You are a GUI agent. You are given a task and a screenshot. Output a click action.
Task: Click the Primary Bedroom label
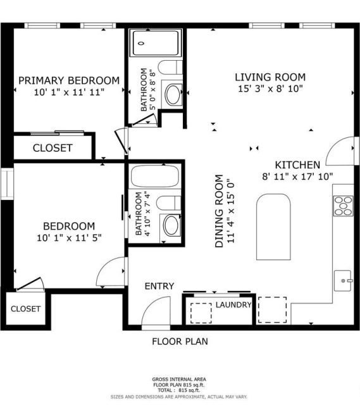tap(69, 80)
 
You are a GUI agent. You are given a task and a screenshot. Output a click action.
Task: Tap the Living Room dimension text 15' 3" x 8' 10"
tap(270, 89)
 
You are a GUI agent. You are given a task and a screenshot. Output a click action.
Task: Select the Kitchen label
tap(297, 165)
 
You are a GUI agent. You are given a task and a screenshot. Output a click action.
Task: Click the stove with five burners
tap(343, 206)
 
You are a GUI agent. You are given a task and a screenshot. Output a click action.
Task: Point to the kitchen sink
tap(343, 280)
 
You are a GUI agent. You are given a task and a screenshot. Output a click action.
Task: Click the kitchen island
tap(273, 227)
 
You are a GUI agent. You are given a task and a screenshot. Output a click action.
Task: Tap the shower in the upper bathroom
tap(155, 43)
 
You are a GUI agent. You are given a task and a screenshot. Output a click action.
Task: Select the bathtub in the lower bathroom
tap(155, 176)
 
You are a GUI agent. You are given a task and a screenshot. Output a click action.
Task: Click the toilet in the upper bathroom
tap(170, 68)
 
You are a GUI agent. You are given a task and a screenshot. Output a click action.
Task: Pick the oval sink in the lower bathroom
tap(171, 225)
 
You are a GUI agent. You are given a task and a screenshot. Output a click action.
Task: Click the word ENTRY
tap(159, 286)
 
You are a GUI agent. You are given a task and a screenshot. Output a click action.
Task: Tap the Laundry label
tap(233, 305)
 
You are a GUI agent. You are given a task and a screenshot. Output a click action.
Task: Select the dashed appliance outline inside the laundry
tap(201, 313)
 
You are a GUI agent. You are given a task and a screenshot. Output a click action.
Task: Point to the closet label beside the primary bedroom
tap(53, 148)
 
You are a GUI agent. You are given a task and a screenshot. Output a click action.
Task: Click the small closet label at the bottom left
tap(25, 309)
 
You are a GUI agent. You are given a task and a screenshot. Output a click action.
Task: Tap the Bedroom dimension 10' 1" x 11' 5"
tap(69, 238)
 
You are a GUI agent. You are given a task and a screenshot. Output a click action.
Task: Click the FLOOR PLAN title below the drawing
tap(180, 342)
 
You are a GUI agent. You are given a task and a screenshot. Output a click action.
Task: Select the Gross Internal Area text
tap(179, 379)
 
